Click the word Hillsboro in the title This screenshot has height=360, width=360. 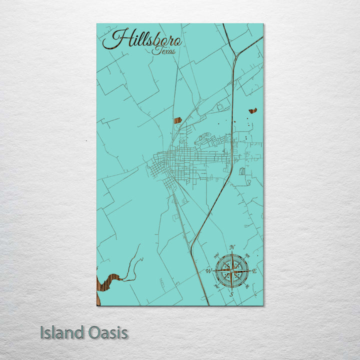[x=142, y=39]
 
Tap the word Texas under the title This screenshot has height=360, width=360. [x=165, y=50]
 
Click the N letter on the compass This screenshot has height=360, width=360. [x=231, y=247]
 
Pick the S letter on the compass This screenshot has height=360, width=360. [x=231, y=294]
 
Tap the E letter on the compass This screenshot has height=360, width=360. [x=254, y=271]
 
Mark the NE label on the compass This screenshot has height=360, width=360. [x=247, y=255]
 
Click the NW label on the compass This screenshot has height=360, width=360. [x=216, y=255]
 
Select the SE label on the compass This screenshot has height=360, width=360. [x=247, y=287]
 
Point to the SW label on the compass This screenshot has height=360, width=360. [x=216, y=287]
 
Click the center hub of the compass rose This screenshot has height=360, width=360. [x=231, y=271]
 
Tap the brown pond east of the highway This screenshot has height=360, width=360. [x=252, y=110]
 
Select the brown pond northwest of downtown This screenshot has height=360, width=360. [x=177, y=120]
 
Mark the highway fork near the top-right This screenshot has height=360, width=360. [x=235, y=54]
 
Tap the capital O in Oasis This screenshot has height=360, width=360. [x=92, y=332]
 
